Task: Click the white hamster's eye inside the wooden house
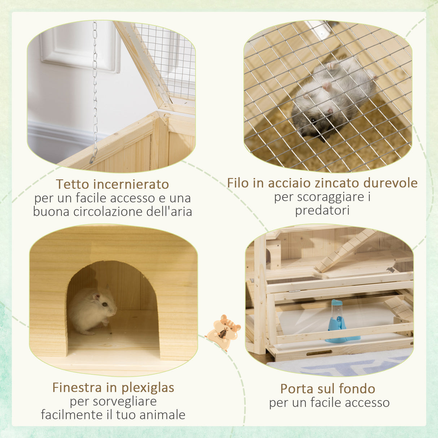click(x=104, y=305)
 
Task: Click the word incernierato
click(x=131, y=184)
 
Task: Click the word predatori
click(x=322, y=210)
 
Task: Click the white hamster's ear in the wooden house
click(x=96, y=297)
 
